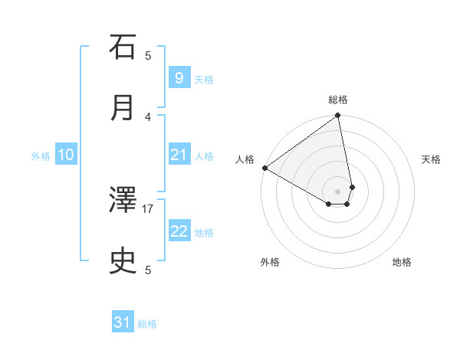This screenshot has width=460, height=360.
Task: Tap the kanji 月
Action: click(x=123, y=108)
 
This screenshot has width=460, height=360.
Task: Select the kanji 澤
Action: click(x=123, y=201)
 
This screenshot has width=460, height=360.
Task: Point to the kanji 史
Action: click(x=123, y=262)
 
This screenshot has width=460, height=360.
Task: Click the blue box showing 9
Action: click(x=179, y=78)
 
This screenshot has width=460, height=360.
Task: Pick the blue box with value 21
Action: click(x=179, y=155)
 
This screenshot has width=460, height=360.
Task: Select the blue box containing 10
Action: click(x=66, y=155)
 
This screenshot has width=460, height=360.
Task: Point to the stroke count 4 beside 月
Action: click(x=149, y=116)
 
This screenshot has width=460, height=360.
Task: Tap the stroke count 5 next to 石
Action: click(x=149, y=55)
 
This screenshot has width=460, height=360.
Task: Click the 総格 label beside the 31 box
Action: click(x=147, y=324)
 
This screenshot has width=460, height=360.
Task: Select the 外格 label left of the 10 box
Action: click(x=41, y=156)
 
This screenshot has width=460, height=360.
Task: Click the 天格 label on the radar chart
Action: click(x=431, y=159)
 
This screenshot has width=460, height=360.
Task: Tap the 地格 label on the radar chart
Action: click(x=402, y=262)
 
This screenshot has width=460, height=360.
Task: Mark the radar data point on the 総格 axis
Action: click(x=338, y=116)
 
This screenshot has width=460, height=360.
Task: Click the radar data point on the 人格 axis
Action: click(x=264, y=168)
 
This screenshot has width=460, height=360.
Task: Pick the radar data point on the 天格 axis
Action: click(x=352, y=187)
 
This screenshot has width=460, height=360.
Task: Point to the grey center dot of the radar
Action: click(x=338, y=191)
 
